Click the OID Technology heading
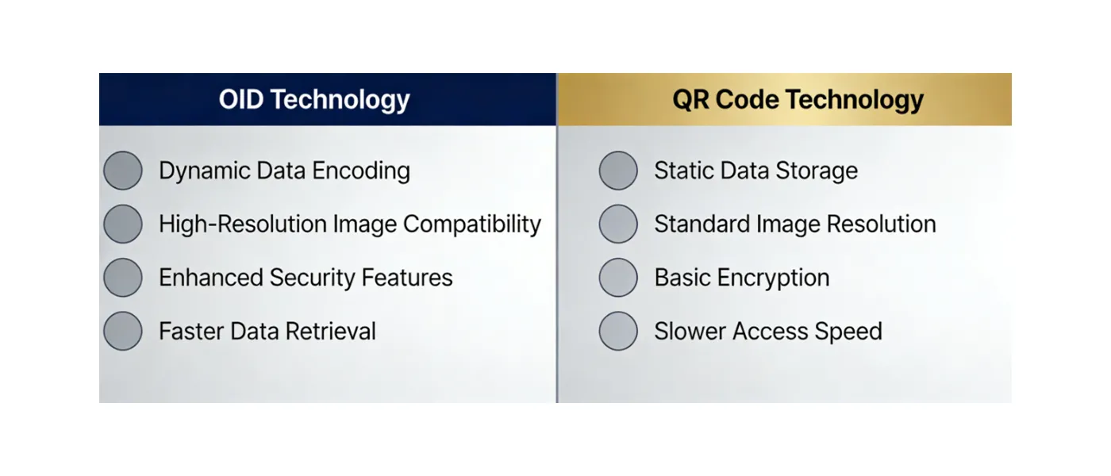tap(314, 100)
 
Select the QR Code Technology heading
tap(798, 100)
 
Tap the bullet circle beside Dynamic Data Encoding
tap(123, 171)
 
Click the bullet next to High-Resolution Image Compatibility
tap(123, 224)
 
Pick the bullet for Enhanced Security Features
tap(123, 278)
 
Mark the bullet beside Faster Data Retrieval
tap(123, 331)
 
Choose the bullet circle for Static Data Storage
tap(618, 171)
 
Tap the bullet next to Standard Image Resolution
tap(618, 224)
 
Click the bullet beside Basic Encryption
tap(618, 278)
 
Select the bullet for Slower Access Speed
tap(618, 331)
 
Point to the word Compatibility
tap(472, 225)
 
